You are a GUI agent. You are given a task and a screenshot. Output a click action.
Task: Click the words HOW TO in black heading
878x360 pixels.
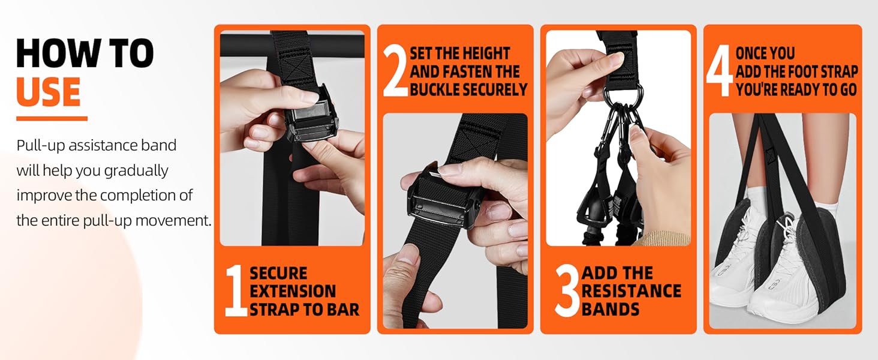(x=85, y=53)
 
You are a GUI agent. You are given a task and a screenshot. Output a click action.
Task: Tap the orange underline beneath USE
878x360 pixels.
(x=52, y=119)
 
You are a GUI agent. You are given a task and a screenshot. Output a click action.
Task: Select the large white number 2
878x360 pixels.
(x=395, y=72)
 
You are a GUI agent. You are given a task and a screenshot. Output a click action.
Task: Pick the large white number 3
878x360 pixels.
(x=567, y=292)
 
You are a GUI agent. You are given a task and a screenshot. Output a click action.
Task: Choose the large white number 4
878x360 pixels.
(x=719, y=72)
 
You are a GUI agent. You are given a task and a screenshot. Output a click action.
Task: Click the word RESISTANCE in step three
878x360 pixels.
(x=632, y=292)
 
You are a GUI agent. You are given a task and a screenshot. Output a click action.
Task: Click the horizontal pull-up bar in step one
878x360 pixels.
(x=246, y=46)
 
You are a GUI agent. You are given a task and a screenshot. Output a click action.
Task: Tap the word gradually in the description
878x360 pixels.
(x=136, y=171)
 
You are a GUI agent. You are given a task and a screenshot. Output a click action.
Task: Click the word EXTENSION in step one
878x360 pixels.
(x=293, y=292)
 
